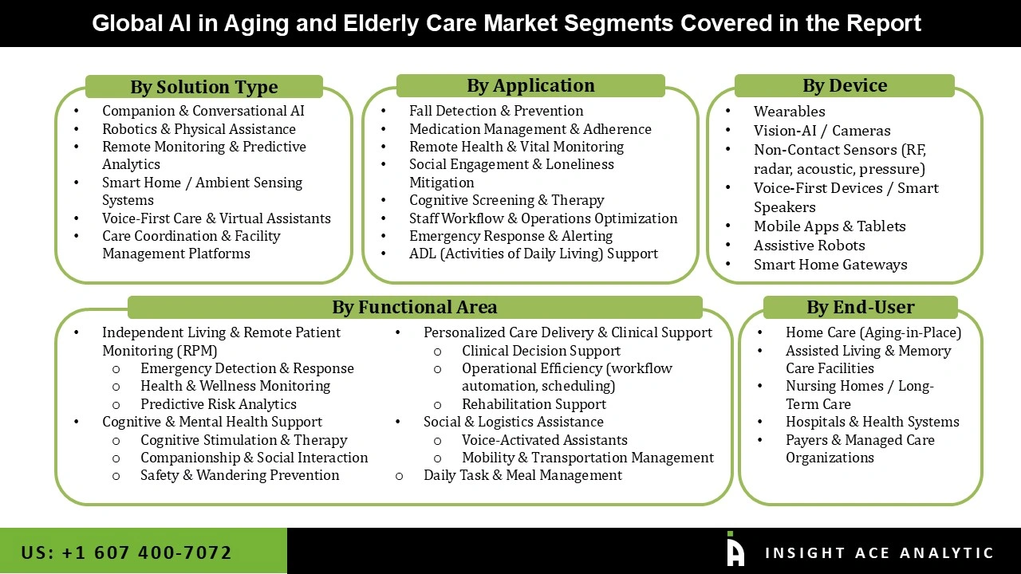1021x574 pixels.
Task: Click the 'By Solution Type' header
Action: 204,87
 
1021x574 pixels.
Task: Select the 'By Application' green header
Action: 530,85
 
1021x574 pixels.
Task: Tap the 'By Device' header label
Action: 844,85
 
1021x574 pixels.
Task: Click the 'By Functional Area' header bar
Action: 414,307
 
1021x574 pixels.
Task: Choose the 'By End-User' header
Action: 860,307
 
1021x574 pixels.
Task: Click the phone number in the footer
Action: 127,552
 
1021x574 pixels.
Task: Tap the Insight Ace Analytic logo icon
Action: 735,550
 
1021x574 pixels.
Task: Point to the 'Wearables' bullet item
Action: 789,112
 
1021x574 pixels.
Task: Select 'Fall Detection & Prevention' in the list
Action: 495,111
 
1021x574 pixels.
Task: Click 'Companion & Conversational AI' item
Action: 203,111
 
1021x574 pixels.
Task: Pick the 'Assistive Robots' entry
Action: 809,246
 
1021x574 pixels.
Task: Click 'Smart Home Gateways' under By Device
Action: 830,265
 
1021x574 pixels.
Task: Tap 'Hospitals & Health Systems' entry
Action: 872,422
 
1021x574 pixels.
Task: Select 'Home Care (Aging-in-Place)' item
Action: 873,332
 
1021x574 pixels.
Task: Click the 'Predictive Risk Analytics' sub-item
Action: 218,404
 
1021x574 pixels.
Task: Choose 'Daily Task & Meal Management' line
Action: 522,475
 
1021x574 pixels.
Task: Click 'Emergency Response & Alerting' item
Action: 510,236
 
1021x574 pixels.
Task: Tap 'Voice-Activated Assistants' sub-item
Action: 544,440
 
